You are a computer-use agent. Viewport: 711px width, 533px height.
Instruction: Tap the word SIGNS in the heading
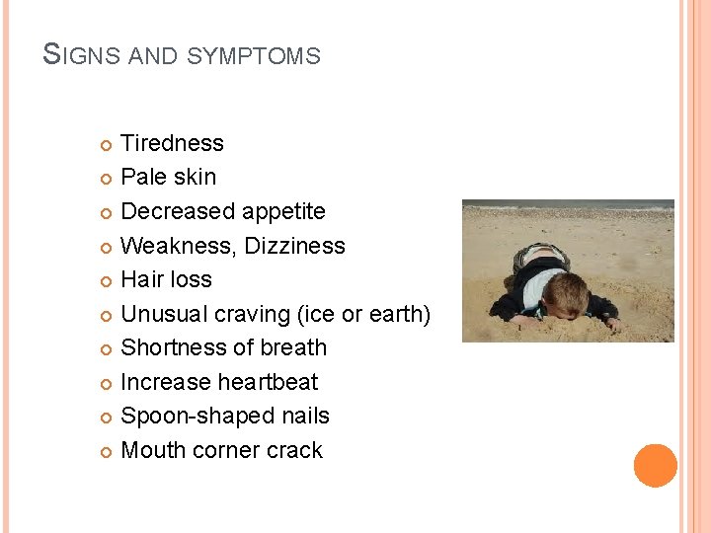tap(82, 55)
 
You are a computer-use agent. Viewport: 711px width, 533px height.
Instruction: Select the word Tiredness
tap(172, 143)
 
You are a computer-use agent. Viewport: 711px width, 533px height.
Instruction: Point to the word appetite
tap(280, 212)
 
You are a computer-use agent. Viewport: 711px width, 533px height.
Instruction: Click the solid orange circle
tap(656, 466)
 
